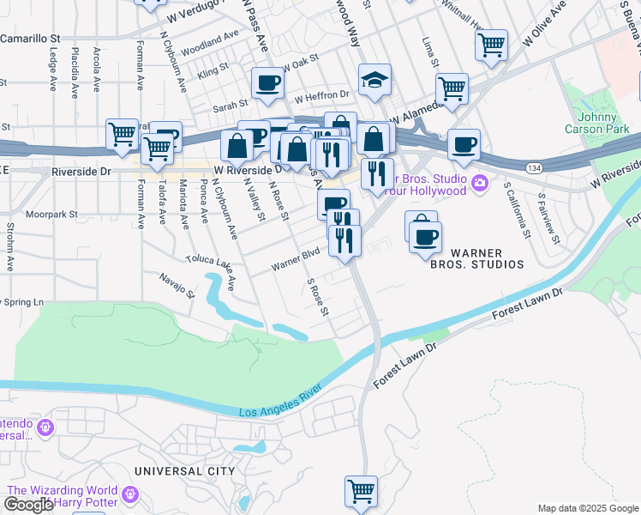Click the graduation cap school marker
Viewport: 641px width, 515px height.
click(x=374, y=82)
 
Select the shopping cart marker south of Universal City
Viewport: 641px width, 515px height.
click(x=362, y=491)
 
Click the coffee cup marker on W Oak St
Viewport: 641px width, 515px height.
click(x=267, y=82)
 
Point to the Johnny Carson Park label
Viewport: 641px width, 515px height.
click(x=590, y=123)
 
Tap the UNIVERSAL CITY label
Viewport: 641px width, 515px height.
click(x=184, y=471)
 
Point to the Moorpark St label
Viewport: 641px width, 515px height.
click(x=51, y=214)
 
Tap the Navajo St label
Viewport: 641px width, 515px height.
click(x=177, y=284)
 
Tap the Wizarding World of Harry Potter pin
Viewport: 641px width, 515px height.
click(x=129, y=494)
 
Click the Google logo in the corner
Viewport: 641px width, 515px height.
click(x=29, y=505)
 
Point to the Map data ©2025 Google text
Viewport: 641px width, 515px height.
click(x=587, y=508)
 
